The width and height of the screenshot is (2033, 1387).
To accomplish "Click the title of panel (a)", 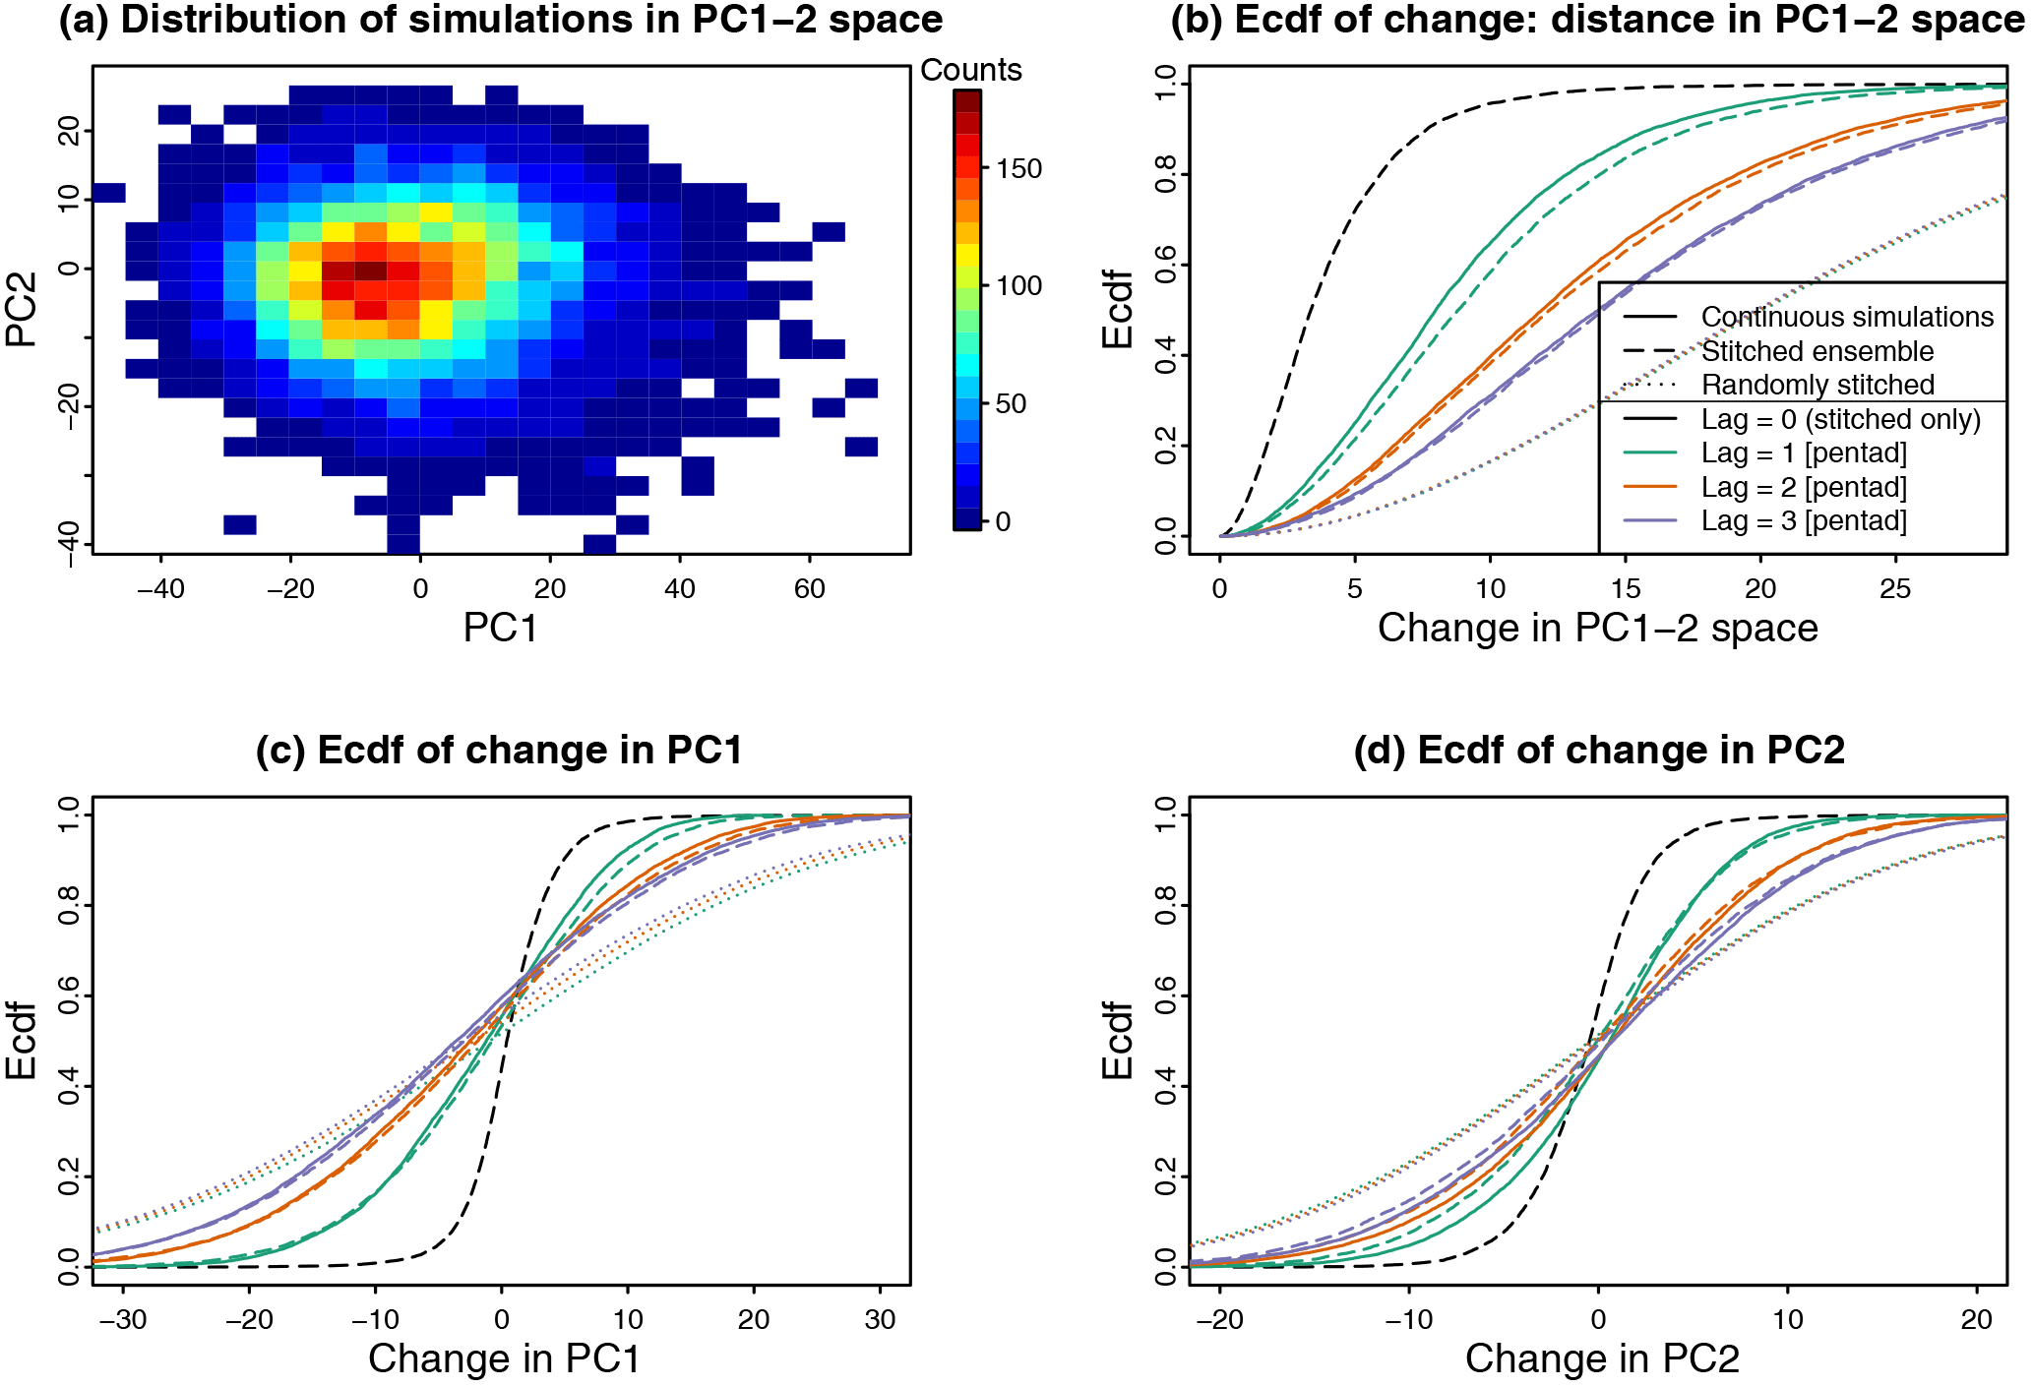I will pyautogui.click(x=500, y=20).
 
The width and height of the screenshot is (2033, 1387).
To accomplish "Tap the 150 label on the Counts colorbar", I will pyautogui.click(x=1018, y=168).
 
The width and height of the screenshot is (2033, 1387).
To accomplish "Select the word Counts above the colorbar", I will pyautogui.click(x=970, y=70).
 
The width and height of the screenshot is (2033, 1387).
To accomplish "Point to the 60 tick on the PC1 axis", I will pyautogui.click(x=809, y=588).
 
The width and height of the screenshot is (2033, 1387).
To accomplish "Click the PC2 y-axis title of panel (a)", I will pyautogui.click(x=22, y=309).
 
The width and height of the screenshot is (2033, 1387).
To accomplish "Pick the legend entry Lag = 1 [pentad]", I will pyautogui.click(x=1804, y=452).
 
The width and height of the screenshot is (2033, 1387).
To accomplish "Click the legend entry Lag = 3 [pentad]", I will pyautogui.click(x=1804, y=520).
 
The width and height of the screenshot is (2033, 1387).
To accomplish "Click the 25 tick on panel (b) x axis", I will pyautogui.click(x=1895, y=588).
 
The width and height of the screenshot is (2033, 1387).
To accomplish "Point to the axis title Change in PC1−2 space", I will pyautogui.click(x=1597, y=628).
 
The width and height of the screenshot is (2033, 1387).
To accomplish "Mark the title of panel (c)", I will pyautogui.click(x=499, y=751).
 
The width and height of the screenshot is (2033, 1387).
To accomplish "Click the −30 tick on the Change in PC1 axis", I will pyautogui.click(x=123, y=1319).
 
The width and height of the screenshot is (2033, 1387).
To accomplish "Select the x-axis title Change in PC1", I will pyautogui.click(x=504, y=1358).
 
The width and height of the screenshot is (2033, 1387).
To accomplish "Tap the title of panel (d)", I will pyautogui.click(x=1598, y=751).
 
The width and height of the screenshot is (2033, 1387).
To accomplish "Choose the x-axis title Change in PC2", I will pyautogui.click(x=1602, y=1358).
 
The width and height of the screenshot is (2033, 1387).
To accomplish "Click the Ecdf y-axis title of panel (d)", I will pyautogui.click(x=1118, y=1040).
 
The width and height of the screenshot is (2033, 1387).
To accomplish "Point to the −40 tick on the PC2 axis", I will pyautogui.click(x=69, y=544).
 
